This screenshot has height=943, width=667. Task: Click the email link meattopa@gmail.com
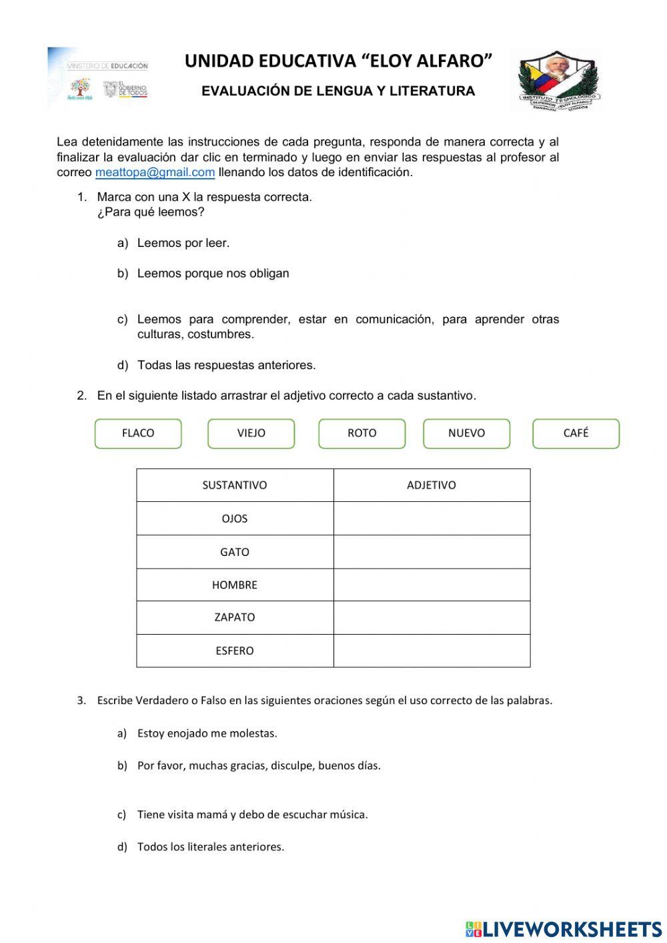tap(155, 172)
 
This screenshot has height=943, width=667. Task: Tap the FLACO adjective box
tap(138, 433)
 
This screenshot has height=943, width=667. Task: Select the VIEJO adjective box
tap(251, 433)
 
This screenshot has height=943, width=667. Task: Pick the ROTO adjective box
tap(362, 433)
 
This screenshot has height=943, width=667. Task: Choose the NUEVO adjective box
tap(466, 433)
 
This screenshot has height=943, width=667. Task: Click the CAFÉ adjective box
tap(576, 433)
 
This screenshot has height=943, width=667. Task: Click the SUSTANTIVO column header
tap(235, 485)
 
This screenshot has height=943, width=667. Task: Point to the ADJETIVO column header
tap(432, 485)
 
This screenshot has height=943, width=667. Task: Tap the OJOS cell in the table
tap(235, 519)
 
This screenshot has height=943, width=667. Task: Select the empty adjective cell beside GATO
tap(432, 552)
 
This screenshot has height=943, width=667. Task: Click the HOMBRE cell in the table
tap(235, 585)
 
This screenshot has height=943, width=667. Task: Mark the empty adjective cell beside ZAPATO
tap(432, 617)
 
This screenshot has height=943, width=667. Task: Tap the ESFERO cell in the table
tap(235, 651)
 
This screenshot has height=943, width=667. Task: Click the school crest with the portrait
tap(559, 80)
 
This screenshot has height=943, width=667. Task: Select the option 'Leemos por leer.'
tap(183, 243)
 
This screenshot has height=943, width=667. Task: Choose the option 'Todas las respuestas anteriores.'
tap(226, 365)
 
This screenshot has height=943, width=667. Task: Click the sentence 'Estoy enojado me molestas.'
tap(207, 733)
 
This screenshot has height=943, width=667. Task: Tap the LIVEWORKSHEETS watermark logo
tap(564, 929)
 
